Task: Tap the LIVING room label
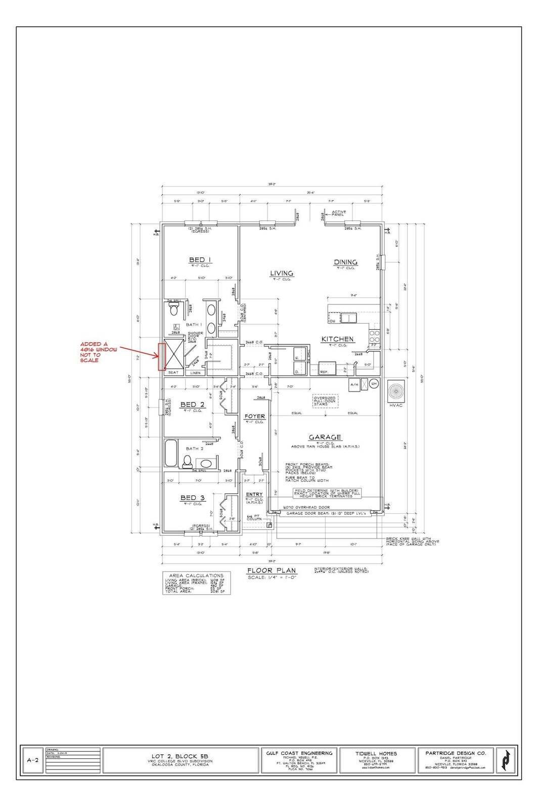(x=282, y=273)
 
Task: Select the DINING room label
(x=345, y=262)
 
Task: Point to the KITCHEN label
(x=337, y=339)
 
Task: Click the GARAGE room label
(x=325, y=437)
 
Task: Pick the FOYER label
(x=255, y=417)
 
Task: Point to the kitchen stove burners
(x=375, y=336)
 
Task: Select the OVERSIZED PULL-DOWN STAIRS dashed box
(x=325, y=401)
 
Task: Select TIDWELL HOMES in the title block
(x=376, y=753)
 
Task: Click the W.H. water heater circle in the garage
(x=374, y=383)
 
